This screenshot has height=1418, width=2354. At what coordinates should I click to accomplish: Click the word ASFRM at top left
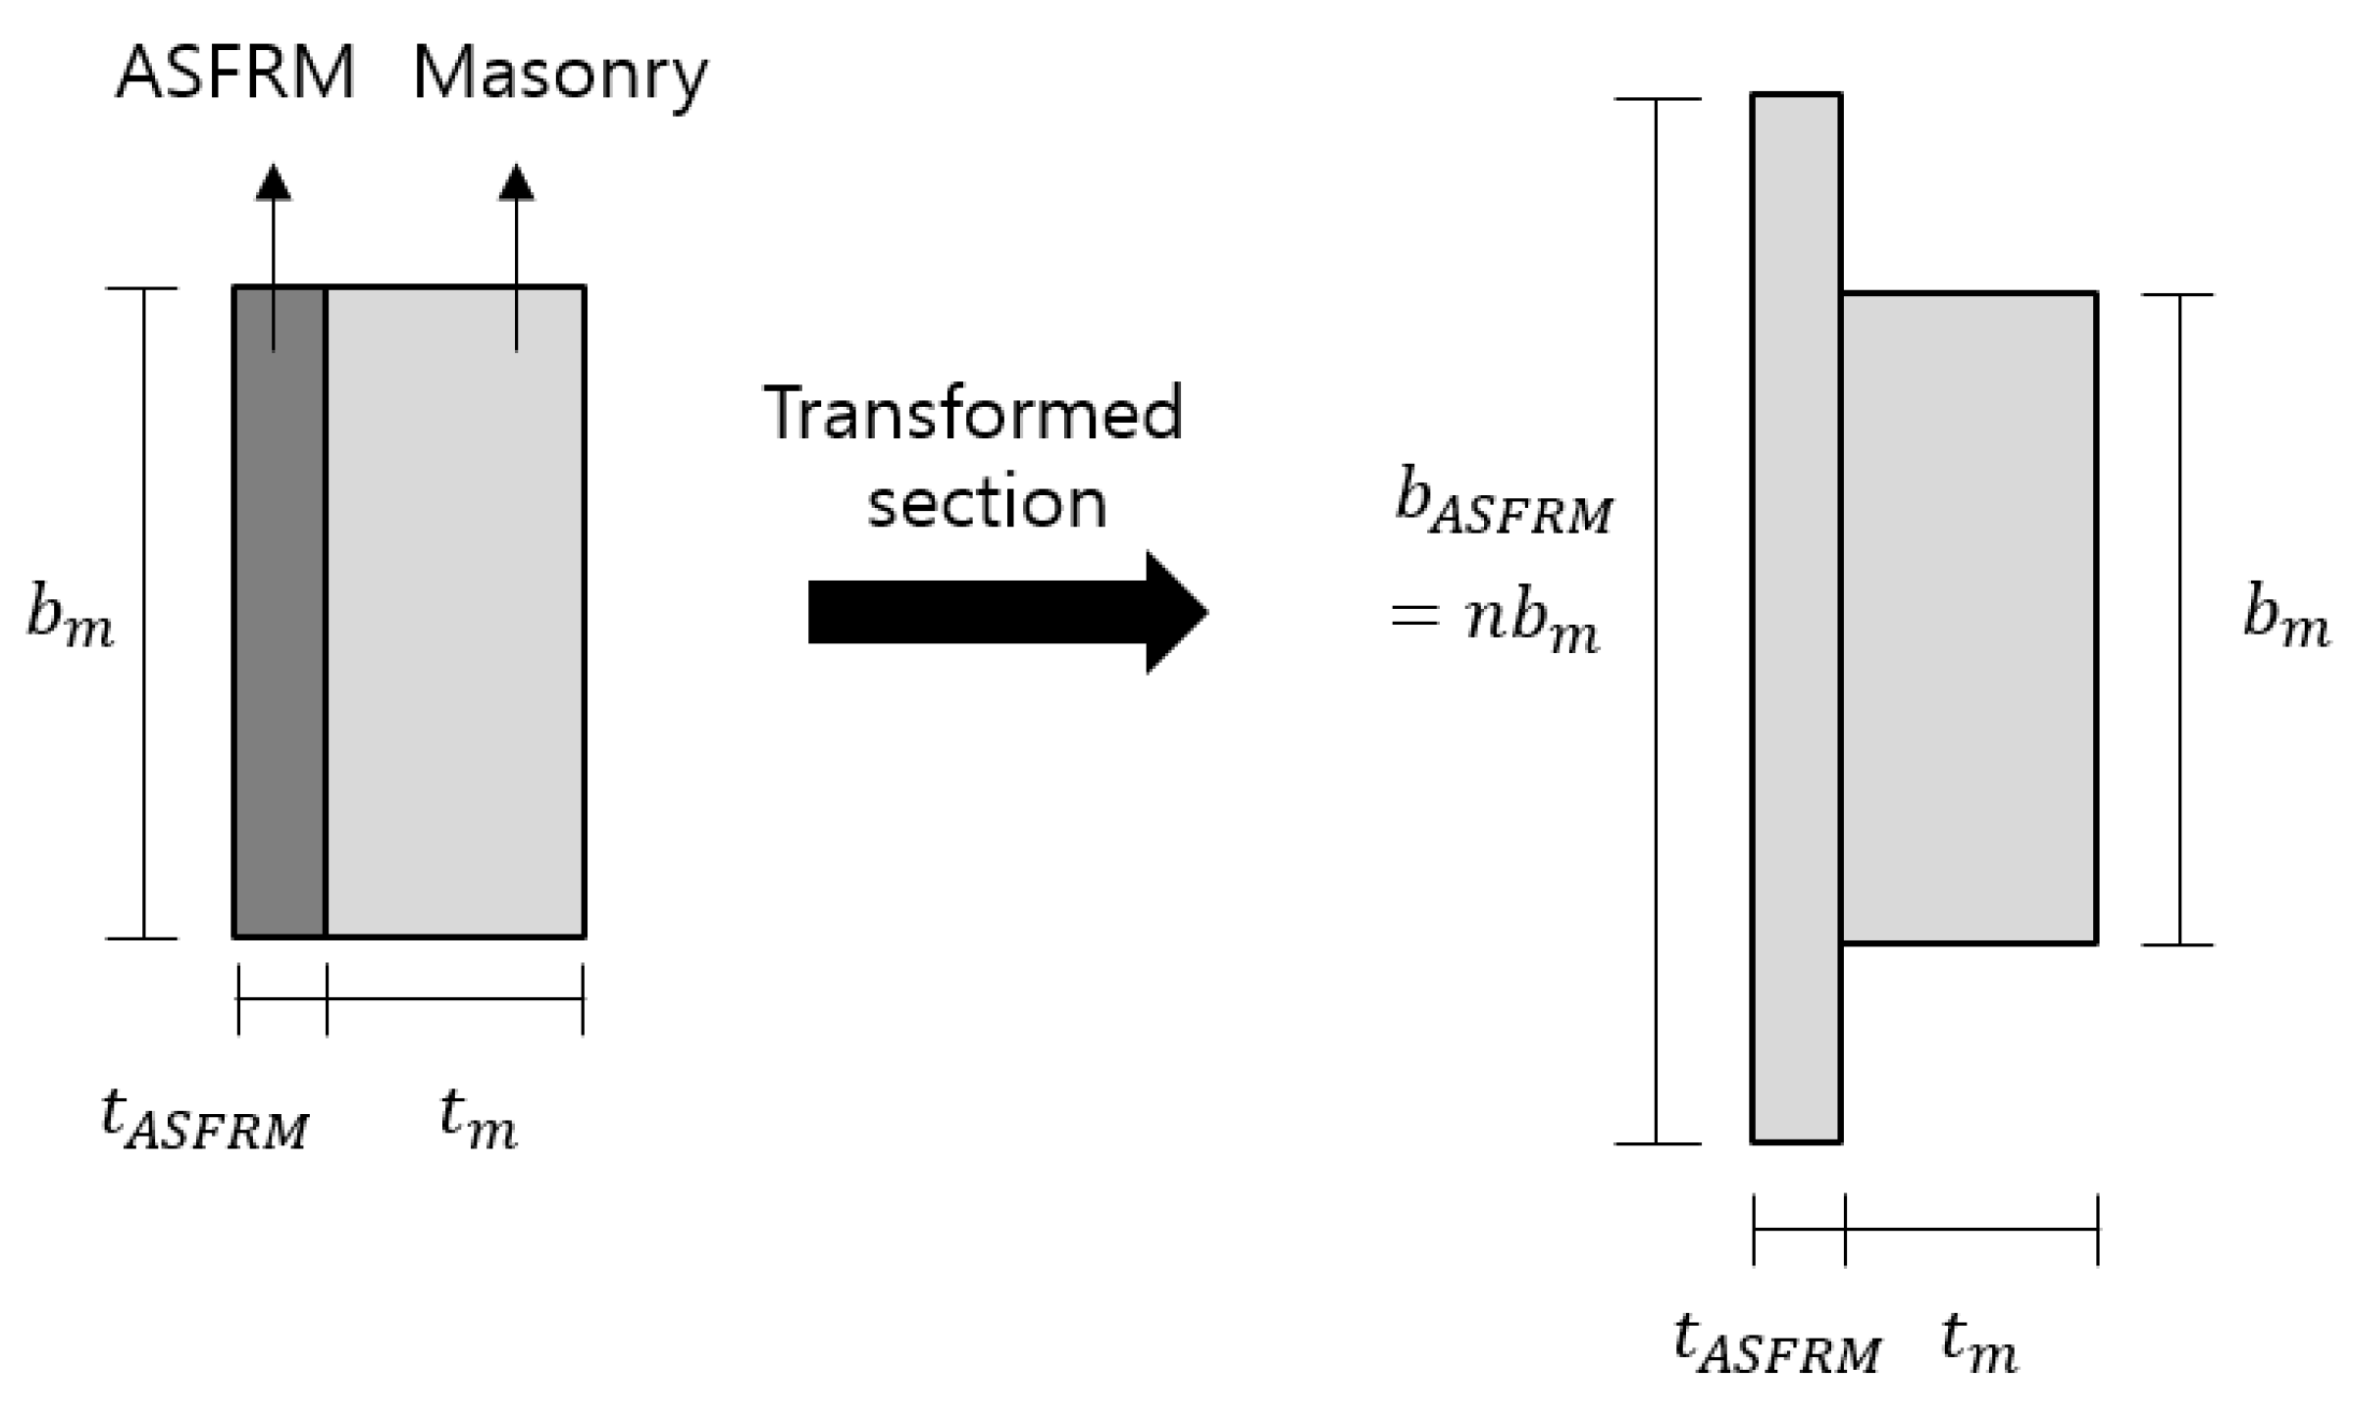pyautogui.click(x=235, y=74)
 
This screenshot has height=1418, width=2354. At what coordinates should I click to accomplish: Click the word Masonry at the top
pyautogui.click(x=559, y=76)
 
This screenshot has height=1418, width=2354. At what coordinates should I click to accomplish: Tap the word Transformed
pyautogui.click(x=973, y=414)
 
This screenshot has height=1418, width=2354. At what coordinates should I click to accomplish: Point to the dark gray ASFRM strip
pyautogui.click(x=280, y=637)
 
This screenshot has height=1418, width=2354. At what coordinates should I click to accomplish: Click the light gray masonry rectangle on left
pyautogui.click(x=455, y=637)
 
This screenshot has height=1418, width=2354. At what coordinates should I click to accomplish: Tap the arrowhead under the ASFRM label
pyautogui.click(x=273, y=183)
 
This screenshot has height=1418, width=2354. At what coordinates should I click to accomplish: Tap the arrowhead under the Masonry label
pyautogui.click(x=516, y=183)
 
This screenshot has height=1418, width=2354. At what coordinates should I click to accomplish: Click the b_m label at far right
pyautogui.click(x=2285, y=618)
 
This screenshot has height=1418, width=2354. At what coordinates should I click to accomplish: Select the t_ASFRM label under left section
pyautogui.click(x=204, y=1120)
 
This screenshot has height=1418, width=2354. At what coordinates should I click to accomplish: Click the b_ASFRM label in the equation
pyautogui.click(x=1503, y=504)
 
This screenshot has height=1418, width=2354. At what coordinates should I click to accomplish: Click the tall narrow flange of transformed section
pyautogui.click(x=1796, y=618)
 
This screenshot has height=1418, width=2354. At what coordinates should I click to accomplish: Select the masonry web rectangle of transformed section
pyautogui.click(x=1970, y=618)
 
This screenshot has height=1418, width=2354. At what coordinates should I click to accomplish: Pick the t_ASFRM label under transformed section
pyautogui.click(x=1776, y=1343)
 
